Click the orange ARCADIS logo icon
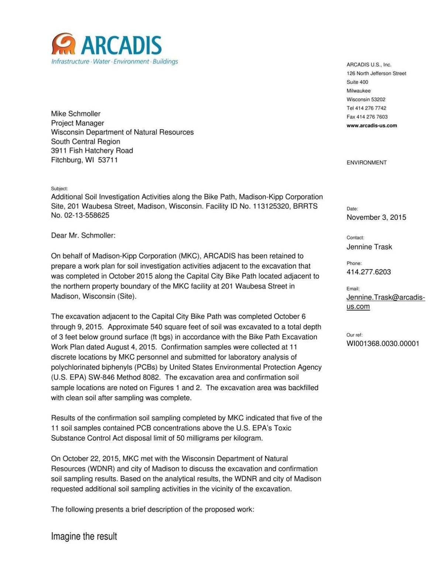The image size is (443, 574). point(63,44)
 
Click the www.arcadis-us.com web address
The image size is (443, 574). point(371,126)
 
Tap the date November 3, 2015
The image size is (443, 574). point(376,217)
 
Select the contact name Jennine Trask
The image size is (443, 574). point(369,247)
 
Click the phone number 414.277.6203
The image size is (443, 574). point(368,272)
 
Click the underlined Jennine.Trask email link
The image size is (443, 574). point(385,298)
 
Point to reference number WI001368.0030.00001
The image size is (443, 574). point(382,344)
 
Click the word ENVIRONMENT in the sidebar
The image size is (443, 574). point(366,163)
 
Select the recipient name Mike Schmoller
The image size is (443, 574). point(75,114)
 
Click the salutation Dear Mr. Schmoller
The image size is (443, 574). point(83,235)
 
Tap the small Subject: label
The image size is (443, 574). point(59,189)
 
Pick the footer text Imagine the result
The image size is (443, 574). point(84,536)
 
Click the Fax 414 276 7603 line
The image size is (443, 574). point(367,117)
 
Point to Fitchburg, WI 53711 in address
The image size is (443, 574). point(84,160)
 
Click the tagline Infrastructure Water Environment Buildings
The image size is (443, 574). point(114,61)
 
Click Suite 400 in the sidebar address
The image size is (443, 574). point(357,82)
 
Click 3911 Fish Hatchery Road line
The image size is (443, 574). point(92,151)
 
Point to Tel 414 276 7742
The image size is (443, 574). point(366,108)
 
